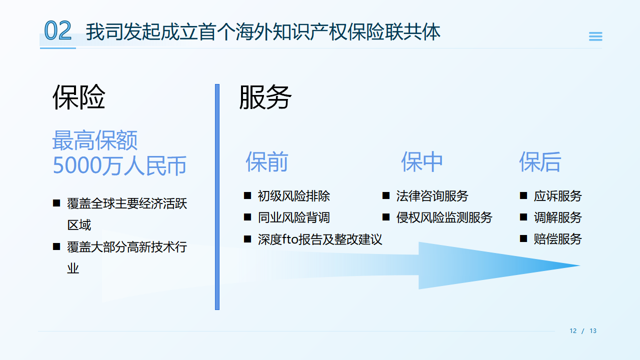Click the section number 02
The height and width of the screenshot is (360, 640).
point(57,31)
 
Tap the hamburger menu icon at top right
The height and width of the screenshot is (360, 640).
point(595,36)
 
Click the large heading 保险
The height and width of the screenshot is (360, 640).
point(79,97)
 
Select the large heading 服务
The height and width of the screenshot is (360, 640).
point(265,97)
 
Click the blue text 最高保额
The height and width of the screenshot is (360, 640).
point(95,141)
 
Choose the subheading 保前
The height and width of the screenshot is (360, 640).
point(266,161)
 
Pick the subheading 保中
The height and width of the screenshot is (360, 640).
point(422,161)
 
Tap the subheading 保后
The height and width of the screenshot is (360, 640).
point(540,161)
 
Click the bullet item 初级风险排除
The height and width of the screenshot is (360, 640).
point(293,196)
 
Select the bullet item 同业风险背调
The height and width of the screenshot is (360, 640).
point(293,217)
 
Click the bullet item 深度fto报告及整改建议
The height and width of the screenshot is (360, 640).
point(320,239)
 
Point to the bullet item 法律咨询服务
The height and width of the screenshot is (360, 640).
point(432,196)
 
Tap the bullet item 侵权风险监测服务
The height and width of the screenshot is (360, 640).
point(444,217)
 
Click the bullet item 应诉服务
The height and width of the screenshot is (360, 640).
point(557,196)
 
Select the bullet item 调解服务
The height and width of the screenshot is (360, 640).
point(557,217)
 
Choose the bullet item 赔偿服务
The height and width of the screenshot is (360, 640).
point(557,239)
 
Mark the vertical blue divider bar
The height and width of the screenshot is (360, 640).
point(217,197)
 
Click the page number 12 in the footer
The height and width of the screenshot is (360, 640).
point(573,331)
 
